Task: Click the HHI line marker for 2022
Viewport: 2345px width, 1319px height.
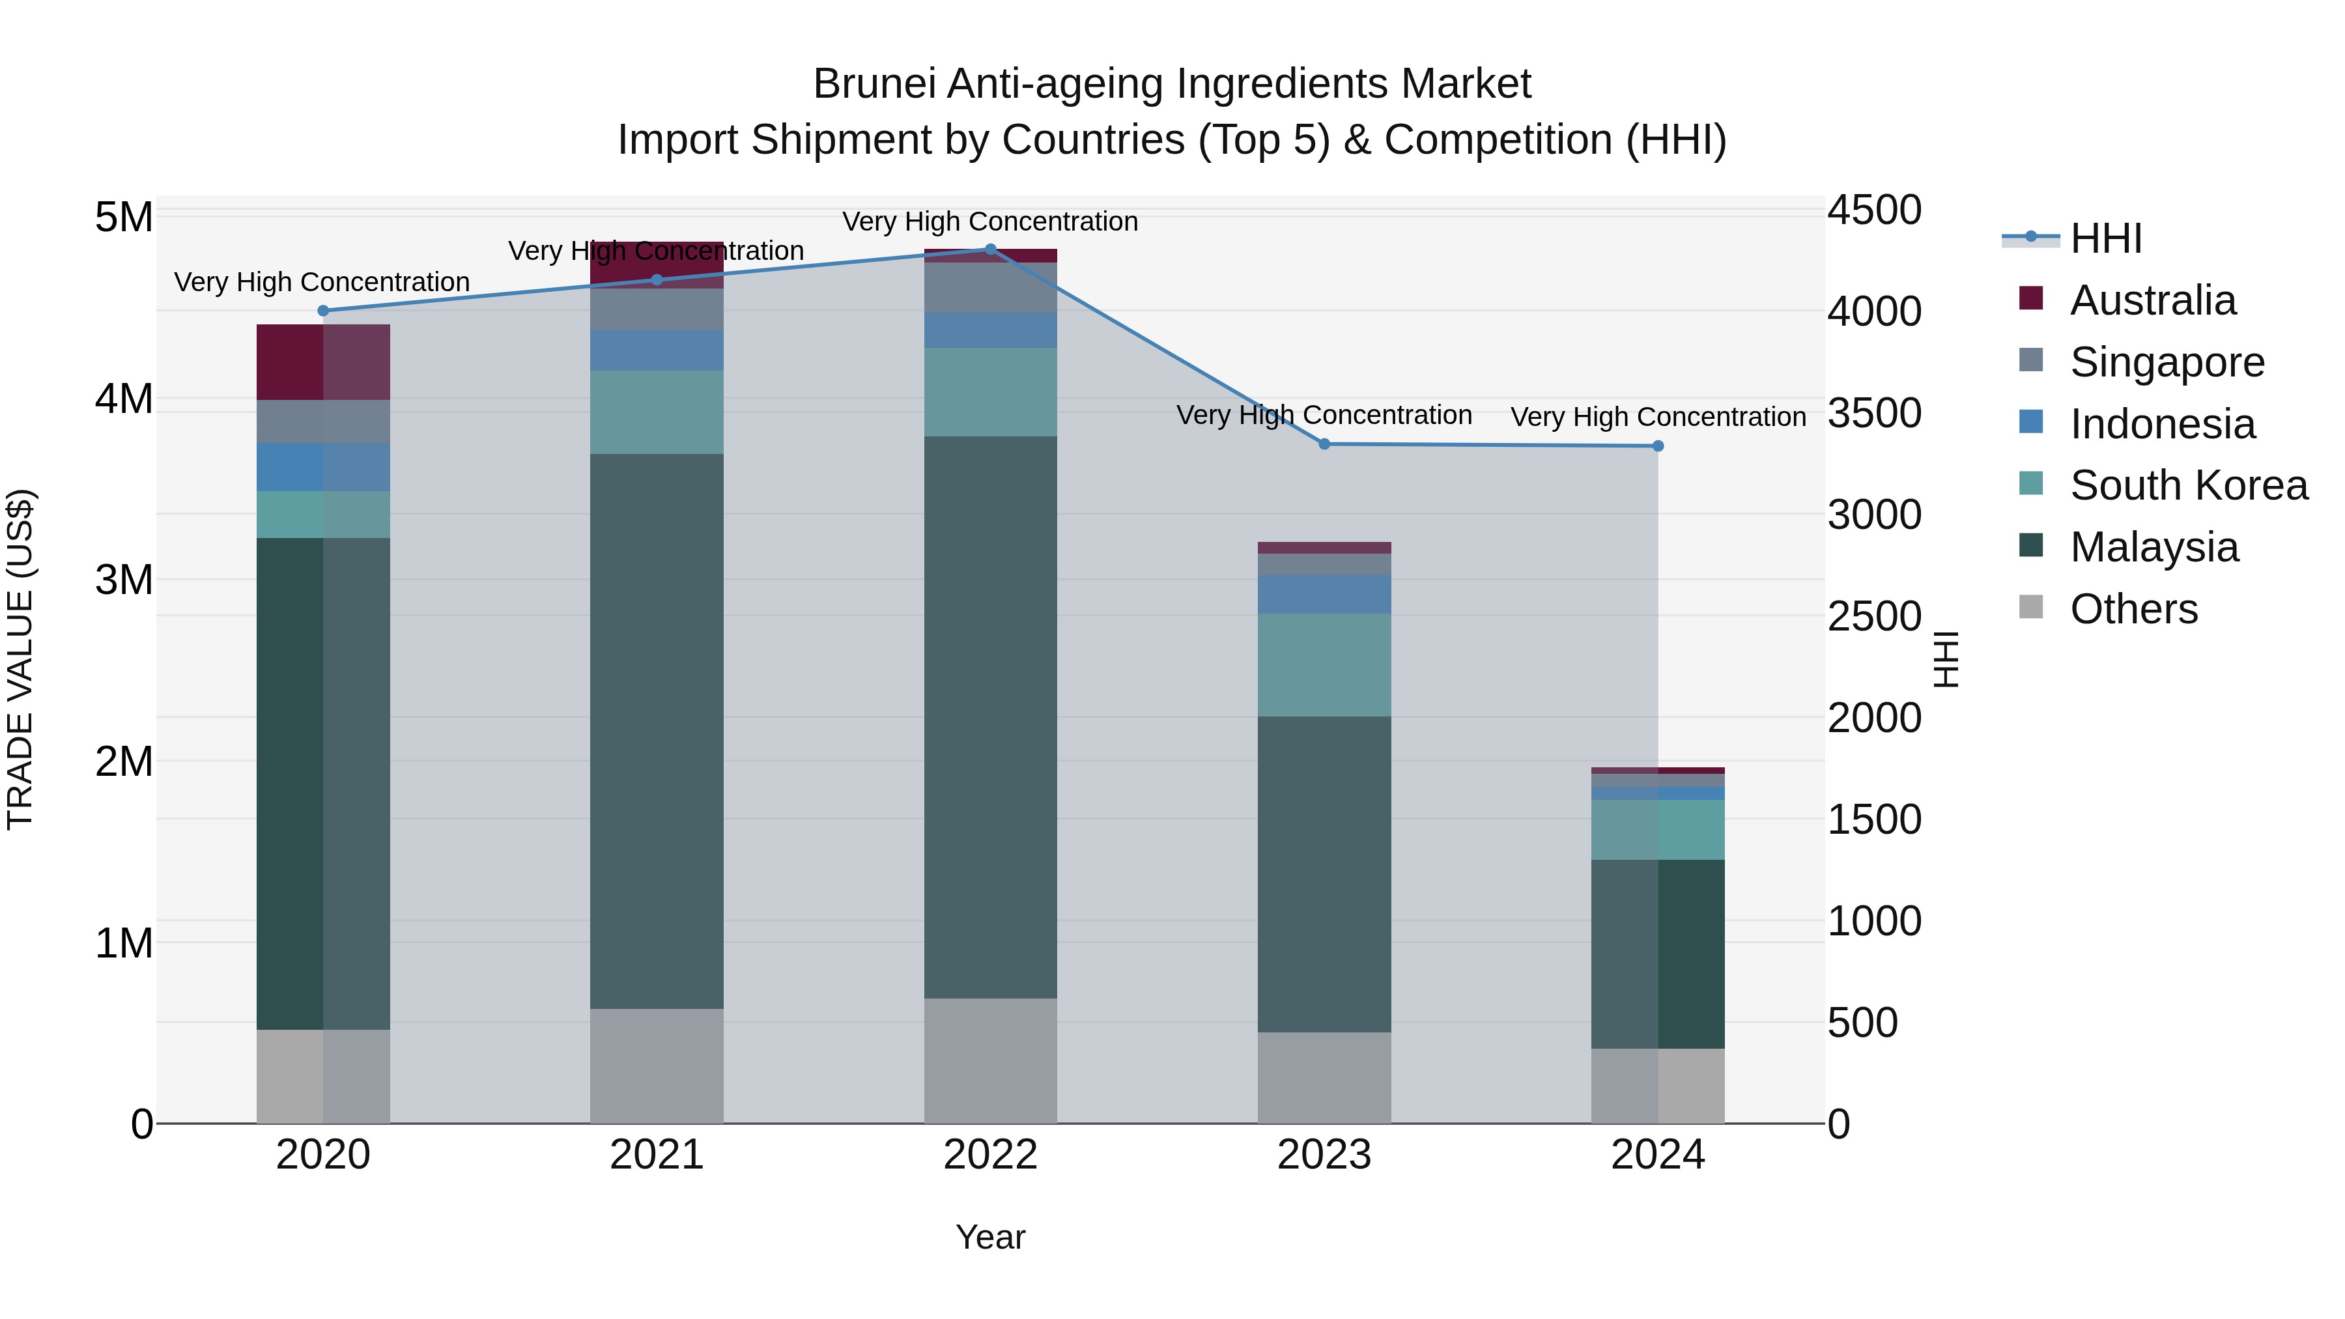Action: click(x=990, y=249)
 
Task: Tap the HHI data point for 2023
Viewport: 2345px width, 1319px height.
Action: click(x=1324, y=444)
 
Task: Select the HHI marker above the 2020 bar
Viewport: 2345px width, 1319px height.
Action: click(x=323, y=311)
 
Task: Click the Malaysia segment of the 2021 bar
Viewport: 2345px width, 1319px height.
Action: click(x=657, y=731)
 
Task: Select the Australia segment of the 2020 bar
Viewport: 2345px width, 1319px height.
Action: click(x=323, y=362)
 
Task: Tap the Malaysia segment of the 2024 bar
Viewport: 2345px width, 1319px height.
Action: click(x=1658, y=954)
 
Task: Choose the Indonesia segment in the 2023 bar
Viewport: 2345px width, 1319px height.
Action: click(x=1324, y=595)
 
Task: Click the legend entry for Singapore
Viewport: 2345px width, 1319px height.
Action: click(x=2167, y=362)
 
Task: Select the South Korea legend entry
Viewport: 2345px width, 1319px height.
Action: click(x=2189, y=485)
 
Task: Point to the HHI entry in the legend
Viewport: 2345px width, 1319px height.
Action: click(x=2105, y=238)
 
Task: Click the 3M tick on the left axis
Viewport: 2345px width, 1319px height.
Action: click(x=124, y=580)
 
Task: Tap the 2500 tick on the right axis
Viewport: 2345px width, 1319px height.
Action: click(x=1873, y=616)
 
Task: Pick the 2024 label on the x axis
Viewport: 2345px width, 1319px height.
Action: click(x=1658, y=1155)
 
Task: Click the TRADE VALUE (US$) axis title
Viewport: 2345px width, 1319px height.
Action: click(x=20, y=659)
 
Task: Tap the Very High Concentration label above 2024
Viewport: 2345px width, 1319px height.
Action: click(x=1658, y=417)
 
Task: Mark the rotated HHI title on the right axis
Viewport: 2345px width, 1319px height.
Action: click(x=1944, y=659)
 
